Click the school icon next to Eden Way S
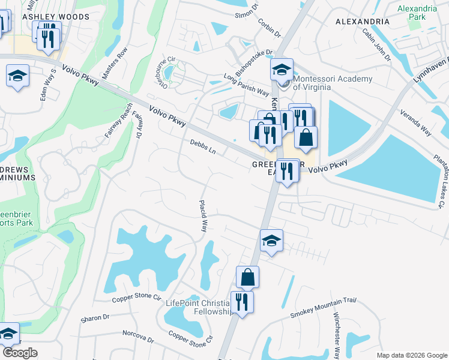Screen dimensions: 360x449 [x=18, y=76]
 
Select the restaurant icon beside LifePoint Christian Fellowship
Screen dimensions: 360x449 [x=242, y=302]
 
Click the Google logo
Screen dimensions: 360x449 [x=19, y=352]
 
